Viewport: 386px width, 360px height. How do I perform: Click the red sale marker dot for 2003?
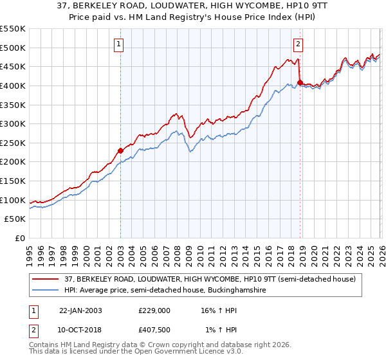click(x=120, y=150)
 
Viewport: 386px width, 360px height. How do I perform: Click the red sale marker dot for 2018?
click(x=300, y=82)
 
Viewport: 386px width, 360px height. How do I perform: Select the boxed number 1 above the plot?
click(x=120, y=44)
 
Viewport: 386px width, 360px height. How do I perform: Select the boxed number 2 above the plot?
click(x=299, y=44)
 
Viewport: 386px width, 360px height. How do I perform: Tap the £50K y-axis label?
click(x=15, y=219)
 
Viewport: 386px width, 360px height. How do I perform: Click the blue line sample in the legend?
click(x=45, y=291)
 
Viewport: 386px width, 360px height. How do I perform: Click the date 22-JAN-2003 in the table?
click(x=80, y=310)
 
